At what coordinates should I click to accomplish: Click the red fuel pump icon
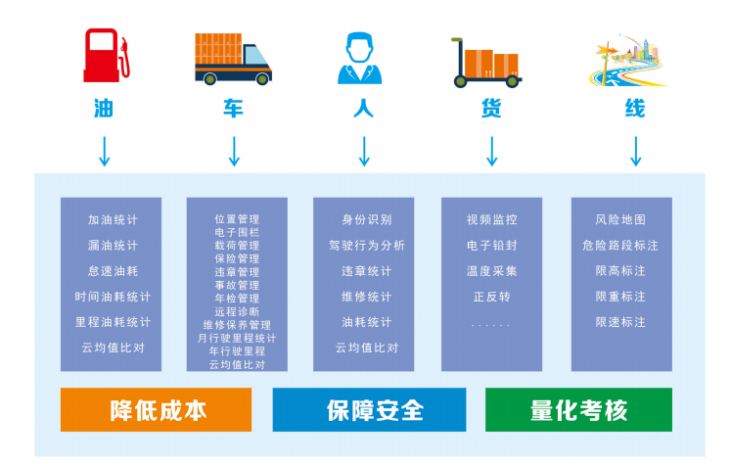tap(107, 56)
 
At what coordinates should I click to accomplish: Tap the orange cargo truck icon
tap(233, 60)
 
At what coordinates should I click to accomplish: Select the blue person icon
tap(359, 58)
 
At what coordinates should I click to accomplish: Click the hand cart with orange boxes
tap(486, 63)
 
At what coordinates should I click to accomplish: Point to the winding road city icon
tap(628, 60)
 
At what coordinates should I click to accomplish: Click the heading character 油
tap(104, 109)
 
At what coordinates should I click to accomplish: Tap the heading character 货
tap(491, 109)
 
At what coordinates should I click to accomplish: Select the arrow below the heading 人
tap(364, 152)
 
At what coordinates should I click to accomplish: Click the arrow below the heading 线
tap(635, 152)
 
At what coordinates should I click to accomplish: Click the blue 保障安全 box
tap(369, 409)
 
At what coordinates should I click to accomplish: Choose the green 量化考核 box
tap(578, 409)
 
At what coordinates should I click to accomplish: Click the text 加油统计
tap(113, 219)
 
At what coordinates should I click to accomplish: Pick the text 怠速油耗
tap(113, 271)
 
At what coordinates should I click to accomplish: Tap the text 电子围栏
tap(237, 232)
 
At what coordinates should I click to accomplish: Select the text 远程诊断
tap(237, 311)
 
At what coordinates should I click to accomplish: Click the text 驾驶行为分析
tap(366, 246)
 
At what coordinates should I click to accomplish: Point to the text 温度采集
tap(492, 271)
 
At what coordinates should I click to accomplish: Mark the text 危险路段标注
tap(620, 246)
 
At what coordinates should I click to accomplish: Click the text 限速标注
tap(620, 322)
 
